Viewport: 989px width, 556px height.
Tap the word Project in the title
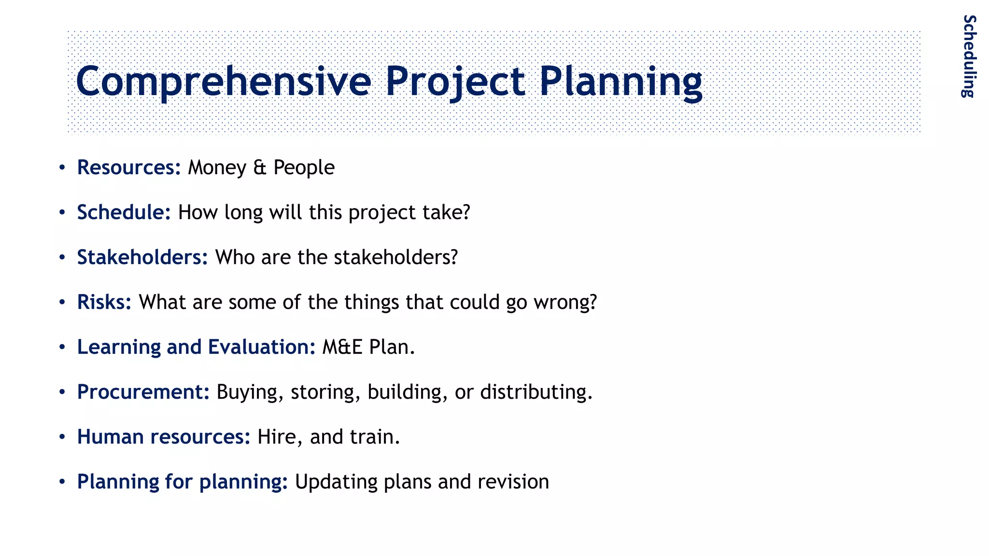point(454,81)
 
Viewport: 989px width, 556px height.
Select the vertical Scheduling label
point(969,56)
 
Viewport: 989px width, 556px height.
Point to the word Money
point(217,167)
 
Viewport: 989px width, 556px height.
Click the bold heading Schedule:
point(124,212)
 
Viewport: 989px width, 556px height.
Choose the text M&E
point(342,347)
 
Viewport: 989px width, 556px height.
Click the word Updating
point(336,482)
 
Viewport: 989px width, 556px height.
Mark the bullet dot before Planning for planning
point(62,482)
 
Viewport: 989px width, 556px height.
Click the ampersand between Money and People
point(260,167)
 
